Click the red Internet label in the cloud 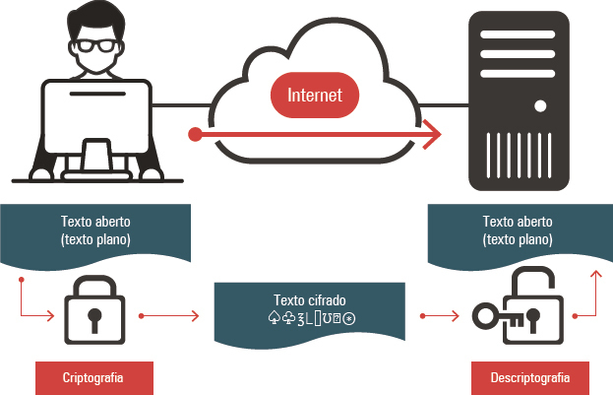(315, 96)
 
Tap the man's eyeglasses (96, 45)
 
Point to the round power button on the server (540, 106)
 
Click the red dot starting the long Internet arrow (195, 134)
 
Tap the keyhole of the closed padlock (94, 319)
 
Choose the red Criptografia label (94, 378)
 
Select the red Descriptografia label (530, 378)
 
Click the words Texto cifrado (310, 300)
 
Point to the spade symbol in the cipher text (274, 318)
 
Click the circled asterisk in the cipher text (349, 319)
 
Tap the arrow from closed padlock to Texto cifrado (169, 315)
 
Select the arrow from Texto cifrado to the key (440, 315)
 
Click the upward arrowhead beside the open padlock (596, 275)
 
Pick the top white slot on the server (518, 34)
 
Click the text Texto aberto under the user (95, 222)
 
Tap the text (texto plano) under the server (518, 239)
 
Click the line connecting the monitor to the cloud (182, 105)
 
